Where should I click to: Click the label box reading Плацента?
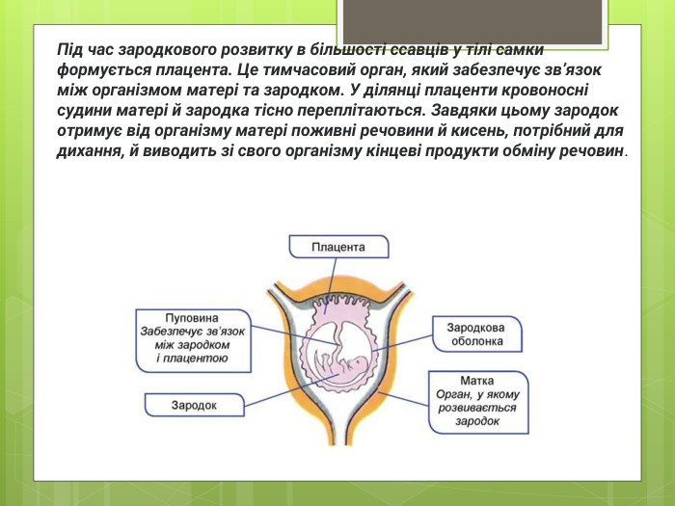337,248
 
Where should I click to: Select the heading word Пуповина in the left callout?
192,317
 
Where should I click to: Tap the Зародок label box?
194,406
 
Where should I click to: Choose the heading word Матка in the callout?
477,381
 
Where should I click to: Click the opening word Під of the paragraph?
70,49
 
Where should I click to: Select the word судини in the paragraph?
84,111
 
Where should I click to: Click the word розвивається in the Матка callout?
476,408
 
